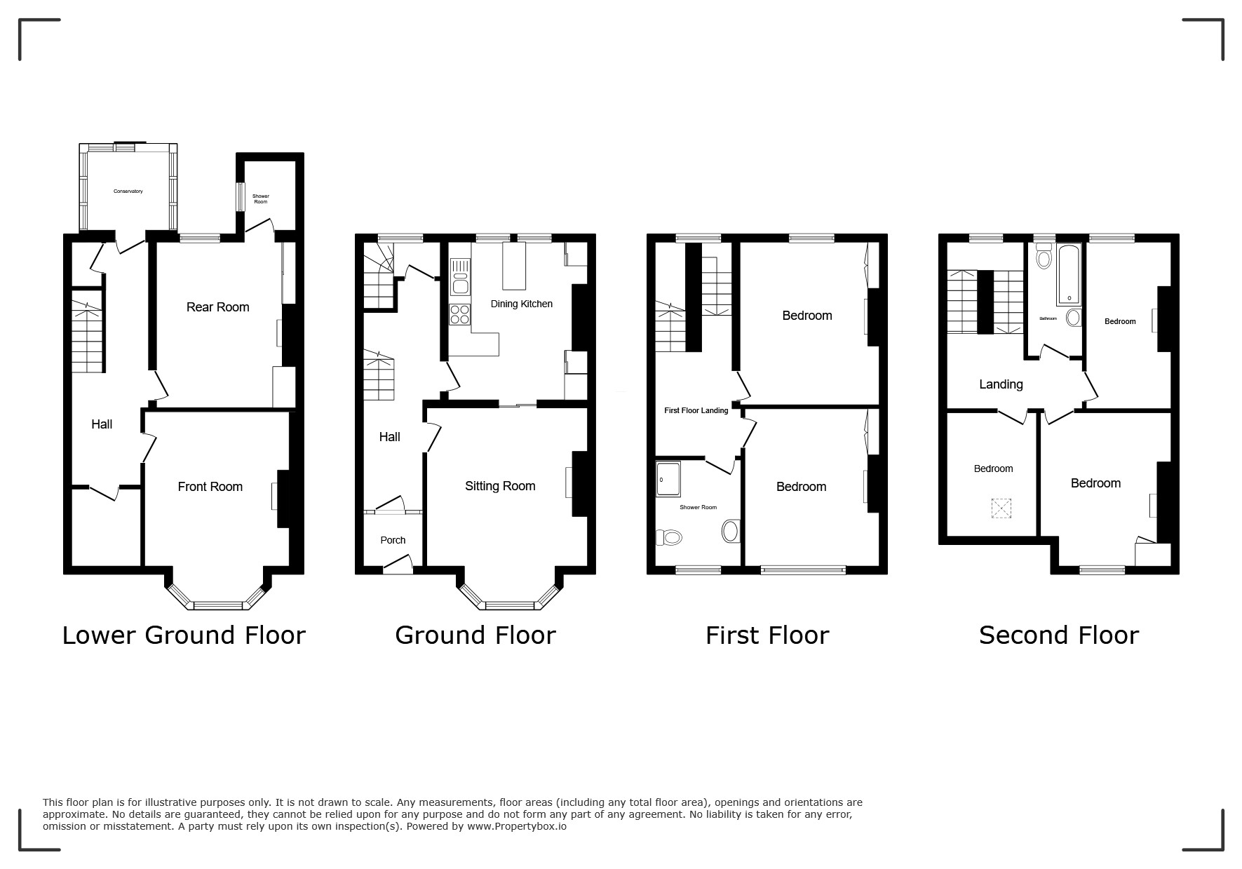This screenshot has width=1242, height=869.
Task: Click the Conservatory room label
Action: (128, 191)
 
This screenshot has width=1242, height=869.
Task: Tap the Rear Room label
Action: (218, 307)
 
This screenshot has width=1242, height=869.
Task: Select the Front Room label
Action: (210, 487)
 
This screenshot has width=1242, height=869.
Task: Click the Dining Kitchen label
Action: (522, 304)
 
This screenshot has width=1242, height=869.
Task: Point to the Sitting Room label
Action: (500, 486)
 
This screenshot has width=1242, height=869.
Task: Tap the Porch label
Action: (393, 540)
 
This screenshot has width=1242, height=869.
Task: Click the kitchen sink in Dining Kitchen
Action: (461, 276)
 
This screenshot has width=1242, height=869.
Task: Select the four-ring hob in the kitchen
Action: (461, 314)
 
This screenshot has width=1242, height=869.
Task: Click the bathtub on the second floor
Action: (1070, 275)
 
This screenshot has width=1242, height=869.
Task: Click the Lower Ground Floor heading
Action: (184, 635)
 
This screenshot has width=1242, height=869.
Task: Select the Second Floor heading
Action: (1059, 635)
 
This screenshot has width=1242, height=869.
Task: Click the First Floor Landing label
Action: (696, 411)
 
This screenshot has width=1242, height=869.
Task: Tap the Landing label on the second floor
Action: (1001, 384)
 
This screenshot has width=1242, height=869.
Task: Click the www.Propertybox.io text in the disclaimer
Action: (517, 826)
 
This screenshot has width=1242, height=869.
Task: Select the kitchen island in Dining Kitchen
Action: (514, 266)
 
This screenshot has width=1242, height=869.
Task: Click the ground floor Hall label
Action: (389, 437)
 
